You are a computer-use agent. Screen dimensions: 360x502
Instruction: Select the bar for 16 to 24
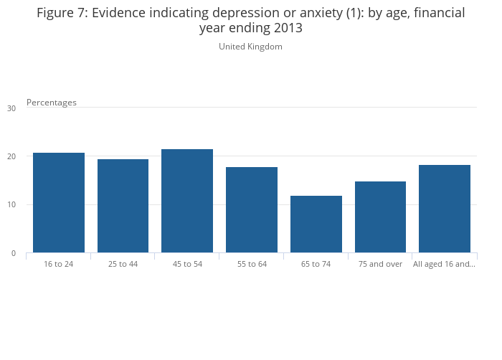tap(59, 202)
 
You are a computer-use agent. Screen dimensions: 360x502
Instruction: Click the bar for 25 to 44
tap(123, 206)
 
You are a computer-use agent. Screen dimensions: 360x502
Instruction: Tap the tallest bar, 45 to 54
tap(187, 201)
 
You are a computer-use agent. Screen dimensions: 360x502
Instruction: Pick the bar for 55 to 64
tap(252, 209)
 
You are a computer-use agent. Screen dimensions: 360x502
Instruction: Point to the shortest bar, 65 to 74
tap(316, 224)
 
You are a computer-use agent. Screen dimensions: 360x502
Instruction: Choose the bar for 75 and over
tap(380, 217)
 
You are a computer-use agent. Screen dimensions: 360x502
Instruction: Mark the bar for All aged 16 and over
tap(445, 209)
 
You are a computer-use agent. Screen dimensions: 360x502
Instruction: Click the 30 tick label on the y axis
tap(11, 108)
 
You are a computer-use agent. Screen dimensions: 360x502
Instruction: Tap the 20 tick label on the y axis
tap(11, 156)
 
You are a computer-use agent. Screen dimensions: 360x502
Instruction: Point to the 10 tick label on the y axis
tap(11, 205)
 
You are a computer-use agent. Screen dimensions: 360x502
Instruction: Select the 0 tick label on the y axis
tap(14, 253)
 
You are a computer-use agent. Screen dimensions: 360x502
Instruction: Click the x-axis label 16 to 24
tap(59, 264)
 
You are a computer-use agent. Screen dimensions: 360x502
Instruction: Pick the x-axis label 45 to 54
tap(187, 264)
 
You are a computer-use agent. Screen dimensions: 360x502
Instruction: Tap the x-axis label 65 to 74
tap(316, 264)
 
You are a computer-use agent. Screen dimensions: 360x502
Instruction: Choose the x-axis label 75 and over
tap(380, 264)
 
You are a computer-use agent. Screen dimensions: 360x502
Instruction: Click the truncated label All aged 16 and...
tap(444, 264)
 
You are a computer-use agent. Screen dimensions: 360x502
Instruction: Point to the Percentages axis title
tap(52, 103)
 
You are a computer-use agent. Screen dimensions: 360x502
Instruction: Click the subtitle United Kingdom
tap(250, 47)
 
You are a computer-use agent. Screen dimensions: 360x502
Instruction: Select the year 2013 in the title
tap(286, 29)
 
